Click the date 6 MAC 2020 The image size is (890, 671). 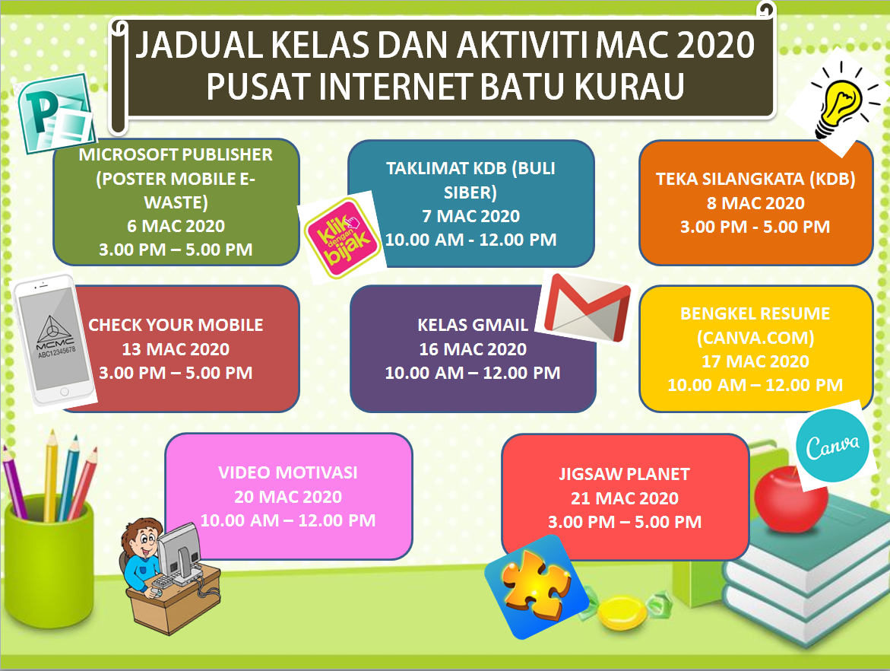tap(176, 226)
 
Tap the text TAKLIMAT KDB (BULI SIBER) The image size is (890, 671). tap(470, 179)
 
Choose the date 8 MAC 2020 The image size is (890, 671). tap(755, 203)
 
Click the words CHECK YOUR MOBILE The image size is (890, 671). tap(176, 325)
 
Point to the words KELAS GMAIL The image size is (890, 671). tap(473, 325)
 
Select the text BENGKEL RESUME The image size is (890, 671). tap(755, 313)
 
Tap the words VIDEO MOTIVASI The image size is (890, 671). tap(288, 472)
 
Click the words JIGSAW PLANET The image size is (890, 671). tap(624, 474)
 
